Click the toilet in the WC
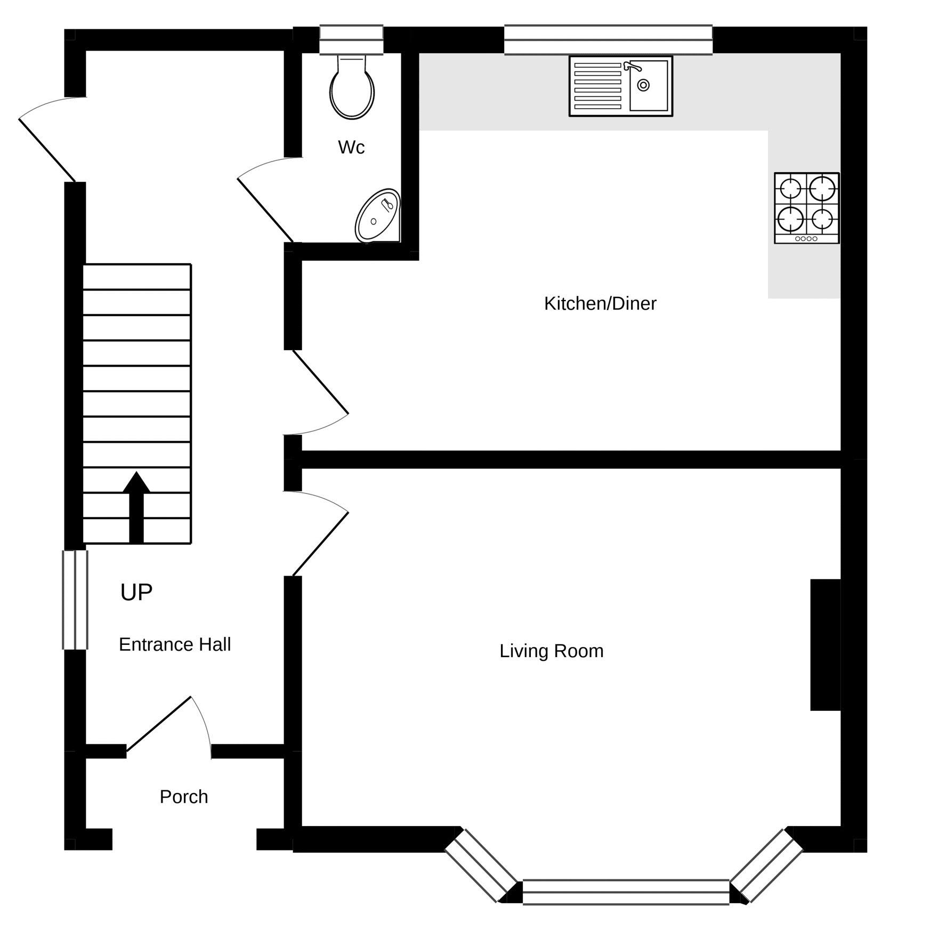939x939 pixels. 352,90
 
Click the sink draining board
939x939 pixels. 598,86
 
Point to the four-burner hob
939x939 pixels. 806,208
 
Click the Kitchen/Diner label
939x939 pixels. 600,304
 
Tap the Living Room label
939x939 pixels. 551,651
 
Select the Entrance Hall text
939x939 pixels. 175,645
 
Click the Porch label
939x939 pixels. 184,797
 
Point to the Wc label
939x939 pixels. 351,148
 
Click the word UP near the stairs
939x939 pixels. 136,593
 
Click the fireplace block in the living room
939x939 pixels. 825,645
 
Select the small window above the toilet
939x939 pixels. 351,39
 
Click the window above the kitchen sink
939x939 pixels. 608,39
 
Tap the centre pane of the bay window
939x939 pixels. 626,892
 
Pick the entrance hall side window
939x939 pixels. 75,600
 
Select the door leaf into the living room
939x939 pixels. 320,544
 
